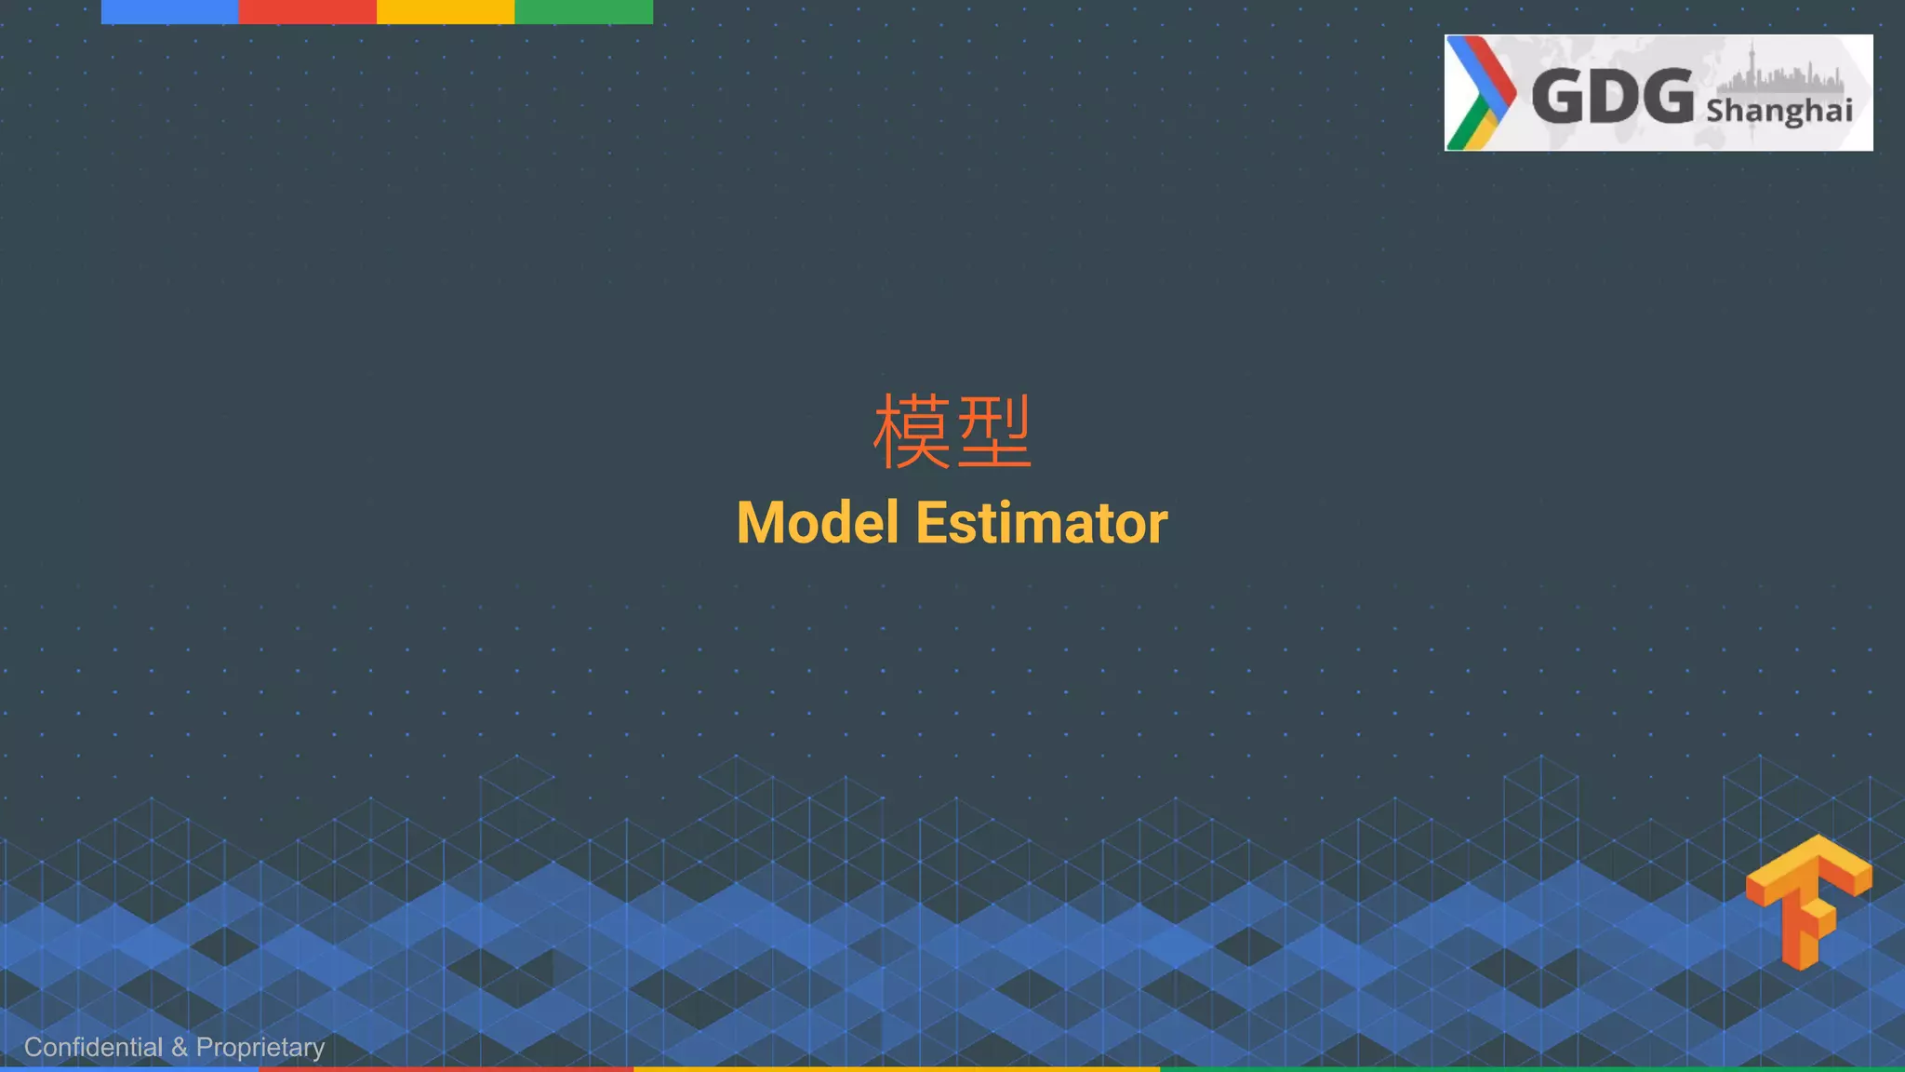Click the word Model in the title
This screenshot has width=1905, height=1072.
coord(818,523)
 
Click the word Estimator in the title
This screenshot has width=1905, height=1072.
coord(1041,523)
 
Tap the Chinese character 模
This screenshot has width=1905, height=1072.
coord(912,432)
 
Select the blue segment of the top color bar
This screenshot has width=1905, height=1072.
coord(169,11)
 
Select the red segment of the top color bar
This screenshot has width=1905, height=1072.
coord(307,11)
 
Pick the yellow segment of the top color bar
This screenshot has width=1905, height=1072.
coord(445,11)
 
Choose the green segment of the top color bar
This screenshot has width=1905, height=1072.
coord(583,11)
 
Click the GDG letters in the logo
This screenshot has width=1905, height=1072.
coord(1612,96)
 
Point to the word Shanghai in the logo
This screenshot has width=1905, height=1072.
coord(1778,111)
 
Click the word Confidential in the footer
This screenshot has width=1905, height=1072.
coord(93,1047)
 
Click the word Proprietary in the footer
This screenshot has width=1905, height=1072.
coord(260,1048)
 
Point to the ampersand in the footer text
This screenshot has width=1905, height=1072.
coord(180,1047)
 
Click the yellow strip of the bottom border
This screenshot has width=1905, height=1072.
coord(896,1068)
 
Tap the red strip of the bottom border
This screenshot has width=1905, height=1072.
coord(446,1068)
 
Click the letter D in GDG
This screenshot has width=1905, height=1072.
coord(1613,96)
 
